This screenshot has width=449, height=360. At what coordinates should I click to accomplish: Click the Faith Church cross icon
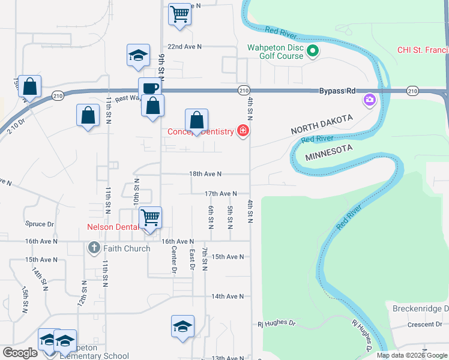[94, 247]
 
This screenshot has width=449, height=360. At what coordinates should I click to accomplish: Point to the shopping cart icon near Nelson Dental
[150, 217]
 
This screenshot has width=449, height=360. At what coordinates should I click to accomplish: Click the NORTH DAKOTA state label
[321, 125]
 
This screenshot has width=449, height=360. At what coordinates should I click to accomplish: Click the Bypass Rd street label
[337, 91]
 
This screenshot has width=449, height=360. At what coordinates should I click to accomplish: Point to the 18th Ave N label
[205, 173]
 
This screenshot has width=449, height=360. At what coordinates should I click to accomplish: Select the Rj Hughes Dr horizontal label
[277, 323]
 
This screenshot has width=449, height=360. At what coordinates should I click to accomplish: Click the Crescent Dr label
[424, 324]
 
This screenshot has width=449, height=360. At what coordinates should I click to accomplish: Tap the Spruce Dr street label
[40, 224]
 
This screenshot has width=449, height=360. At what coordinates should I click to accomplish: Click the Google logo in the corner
[20, 353]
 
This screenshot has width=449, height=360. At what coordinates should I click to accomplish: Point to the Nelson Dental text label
[113, 227]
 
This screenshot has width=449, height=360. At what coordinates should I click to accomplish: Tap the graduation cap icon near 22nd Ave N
[138, 55]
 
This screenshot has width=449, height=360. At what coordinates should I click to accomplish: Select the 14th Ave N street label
[227, 296]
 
